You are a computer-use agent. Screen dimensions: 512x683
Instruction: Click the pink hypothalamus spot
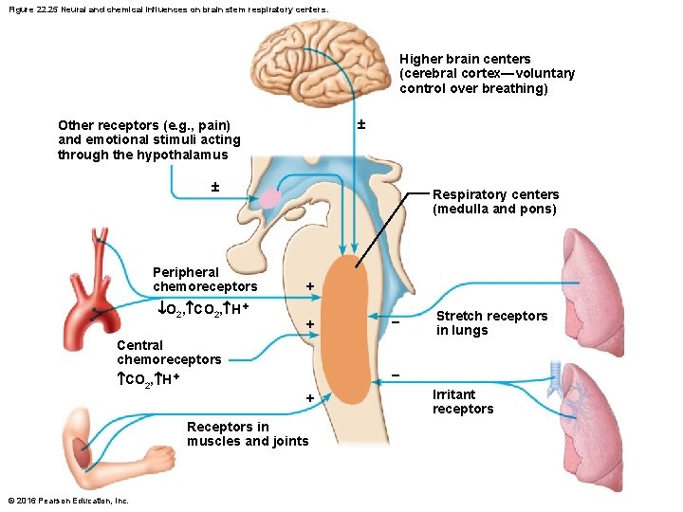tap(271, 198)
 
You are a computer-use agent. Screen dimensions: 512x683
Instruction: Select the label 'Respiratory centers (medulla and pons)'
tap(495, 202)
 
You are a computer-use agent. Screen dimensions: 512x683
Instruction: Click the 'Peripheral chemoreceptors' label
tap(205, 279)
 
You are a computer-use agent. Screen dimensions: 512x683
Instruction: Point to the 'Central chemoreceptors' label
tap(169, 353)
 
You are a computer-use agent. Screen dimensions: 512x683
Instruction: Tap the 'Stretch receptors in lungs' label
tap(491, 323)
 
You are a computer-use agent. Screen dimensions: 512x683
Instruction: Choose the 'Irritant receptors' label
tap(463, 402)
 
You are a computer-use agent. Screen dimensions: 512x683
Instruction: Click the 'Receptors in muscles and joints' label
tap(248, 434)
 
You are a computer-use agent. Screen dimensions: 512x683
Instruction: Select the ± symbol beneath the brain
tap(360, 124)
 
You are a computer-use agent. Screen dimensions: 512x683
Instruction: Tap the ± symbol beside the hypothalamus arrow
tap(214, 186)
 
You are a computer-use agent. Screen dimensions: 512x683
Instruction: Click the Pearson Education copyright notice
tap(67, 501)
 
